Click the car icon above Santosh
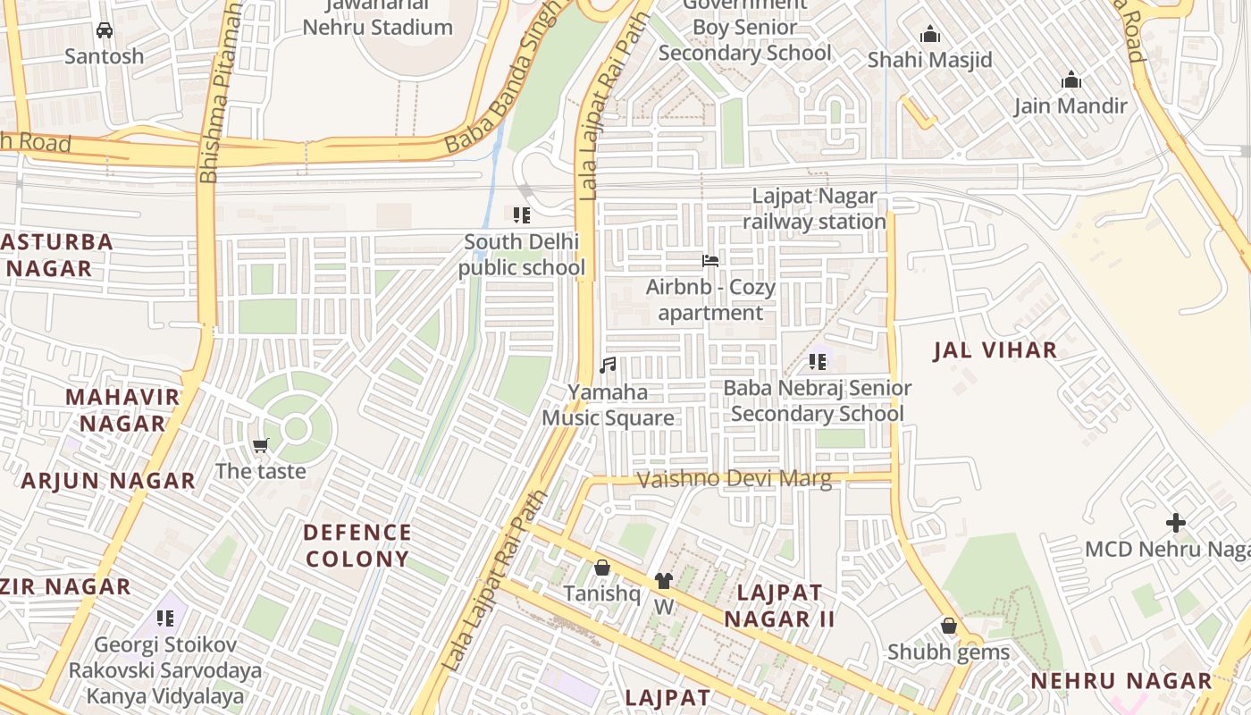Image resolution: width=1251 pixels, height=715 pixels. coord(105,30)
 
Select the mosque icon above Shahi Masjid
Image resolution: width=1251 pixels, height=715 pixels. coord(930,35)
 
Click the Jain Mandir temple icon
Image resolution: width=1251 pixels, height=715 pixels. coord(1071,80)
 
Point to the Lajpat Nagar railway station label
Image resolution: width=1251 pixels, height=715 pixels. coord(814,208)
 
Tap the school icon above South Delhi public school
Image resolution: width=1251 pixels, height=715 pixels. coord(522,214)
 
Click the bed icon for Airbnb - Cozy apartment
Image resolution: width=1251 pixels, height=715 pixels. coord(710,261)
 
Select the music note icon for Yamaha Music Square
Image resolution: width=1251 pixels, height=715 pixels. coord(608,365)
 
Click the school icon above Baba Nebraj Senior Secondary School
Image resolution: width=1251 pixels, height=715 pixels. coord(818,362)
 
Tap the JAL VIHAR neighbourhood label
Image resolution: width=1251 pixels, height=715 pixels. coord(995,350)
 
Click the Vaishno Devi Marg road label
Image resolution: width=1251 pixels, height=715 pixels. coord(735,479)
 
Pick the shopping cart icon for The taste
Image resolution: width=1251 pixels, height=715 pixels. coord(261,445)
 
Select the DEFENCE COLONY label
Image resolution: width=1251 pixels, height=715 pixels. coord(357,545)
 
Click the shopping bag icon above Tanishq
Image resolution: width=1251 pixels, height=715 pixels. coord(602,568)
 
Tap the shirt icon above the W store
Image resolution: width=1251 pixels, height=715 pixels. coord(663,581)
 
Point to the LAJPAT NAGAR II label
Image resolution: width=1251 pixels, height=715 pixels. coord(779,605)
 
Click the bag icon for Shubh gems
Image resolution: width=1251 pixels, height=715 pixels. coord(949,626)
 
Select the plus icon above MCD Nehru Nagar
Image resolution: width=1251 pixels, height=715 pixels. coord(1176,523)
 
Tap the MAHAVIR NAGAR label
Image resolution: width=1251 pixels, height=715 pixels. coord(122,409)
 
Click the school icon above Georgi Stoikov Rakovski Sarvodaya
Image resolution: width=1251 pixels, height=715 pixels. coord(165,618)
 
